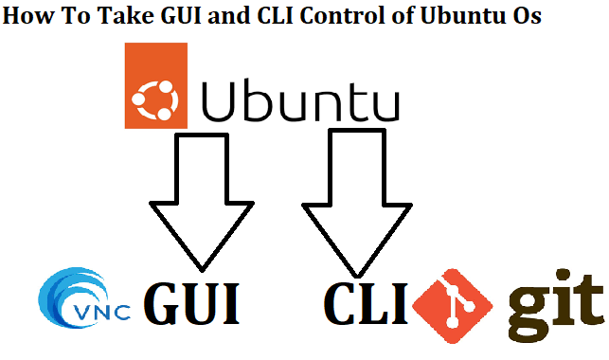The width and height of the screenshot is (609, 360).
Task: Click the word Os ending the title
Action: coord(524,17)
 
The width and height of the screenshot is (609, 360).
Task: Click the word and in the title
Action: coord(228,17)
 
